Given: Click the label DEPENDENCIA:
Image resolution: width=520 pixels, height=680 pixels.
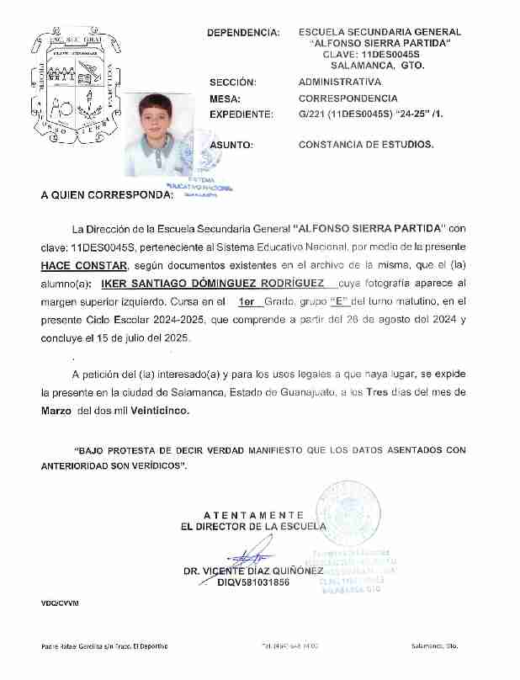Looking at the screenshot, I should (x=244, y=33).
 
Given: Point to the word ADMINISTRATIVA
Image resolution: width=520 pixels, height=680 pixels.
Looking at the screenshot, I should (x=340, y=82).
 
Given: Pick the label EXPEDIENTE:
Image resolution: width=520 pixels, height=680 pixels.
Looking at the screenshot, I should (x=241, y=114).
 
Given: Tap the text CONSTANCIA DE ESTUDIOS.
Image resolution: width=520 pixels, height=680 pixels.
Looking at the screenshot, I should (x=367, y=145).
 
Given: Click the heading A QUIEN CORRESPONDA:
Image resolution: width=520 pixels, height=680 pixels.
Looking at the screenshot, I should (x=107, y=195).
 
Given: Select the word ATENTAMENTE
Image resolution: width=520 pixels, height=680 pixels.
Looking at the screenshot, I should (x=253, y=514).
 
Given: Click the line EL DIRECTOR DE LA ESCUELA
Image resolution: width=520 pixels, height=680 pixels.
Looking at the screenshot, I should (x=253, y=527).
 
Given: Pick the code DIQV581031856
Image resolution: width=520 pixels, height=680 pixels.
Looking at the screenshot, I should (x=253, y=582).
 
